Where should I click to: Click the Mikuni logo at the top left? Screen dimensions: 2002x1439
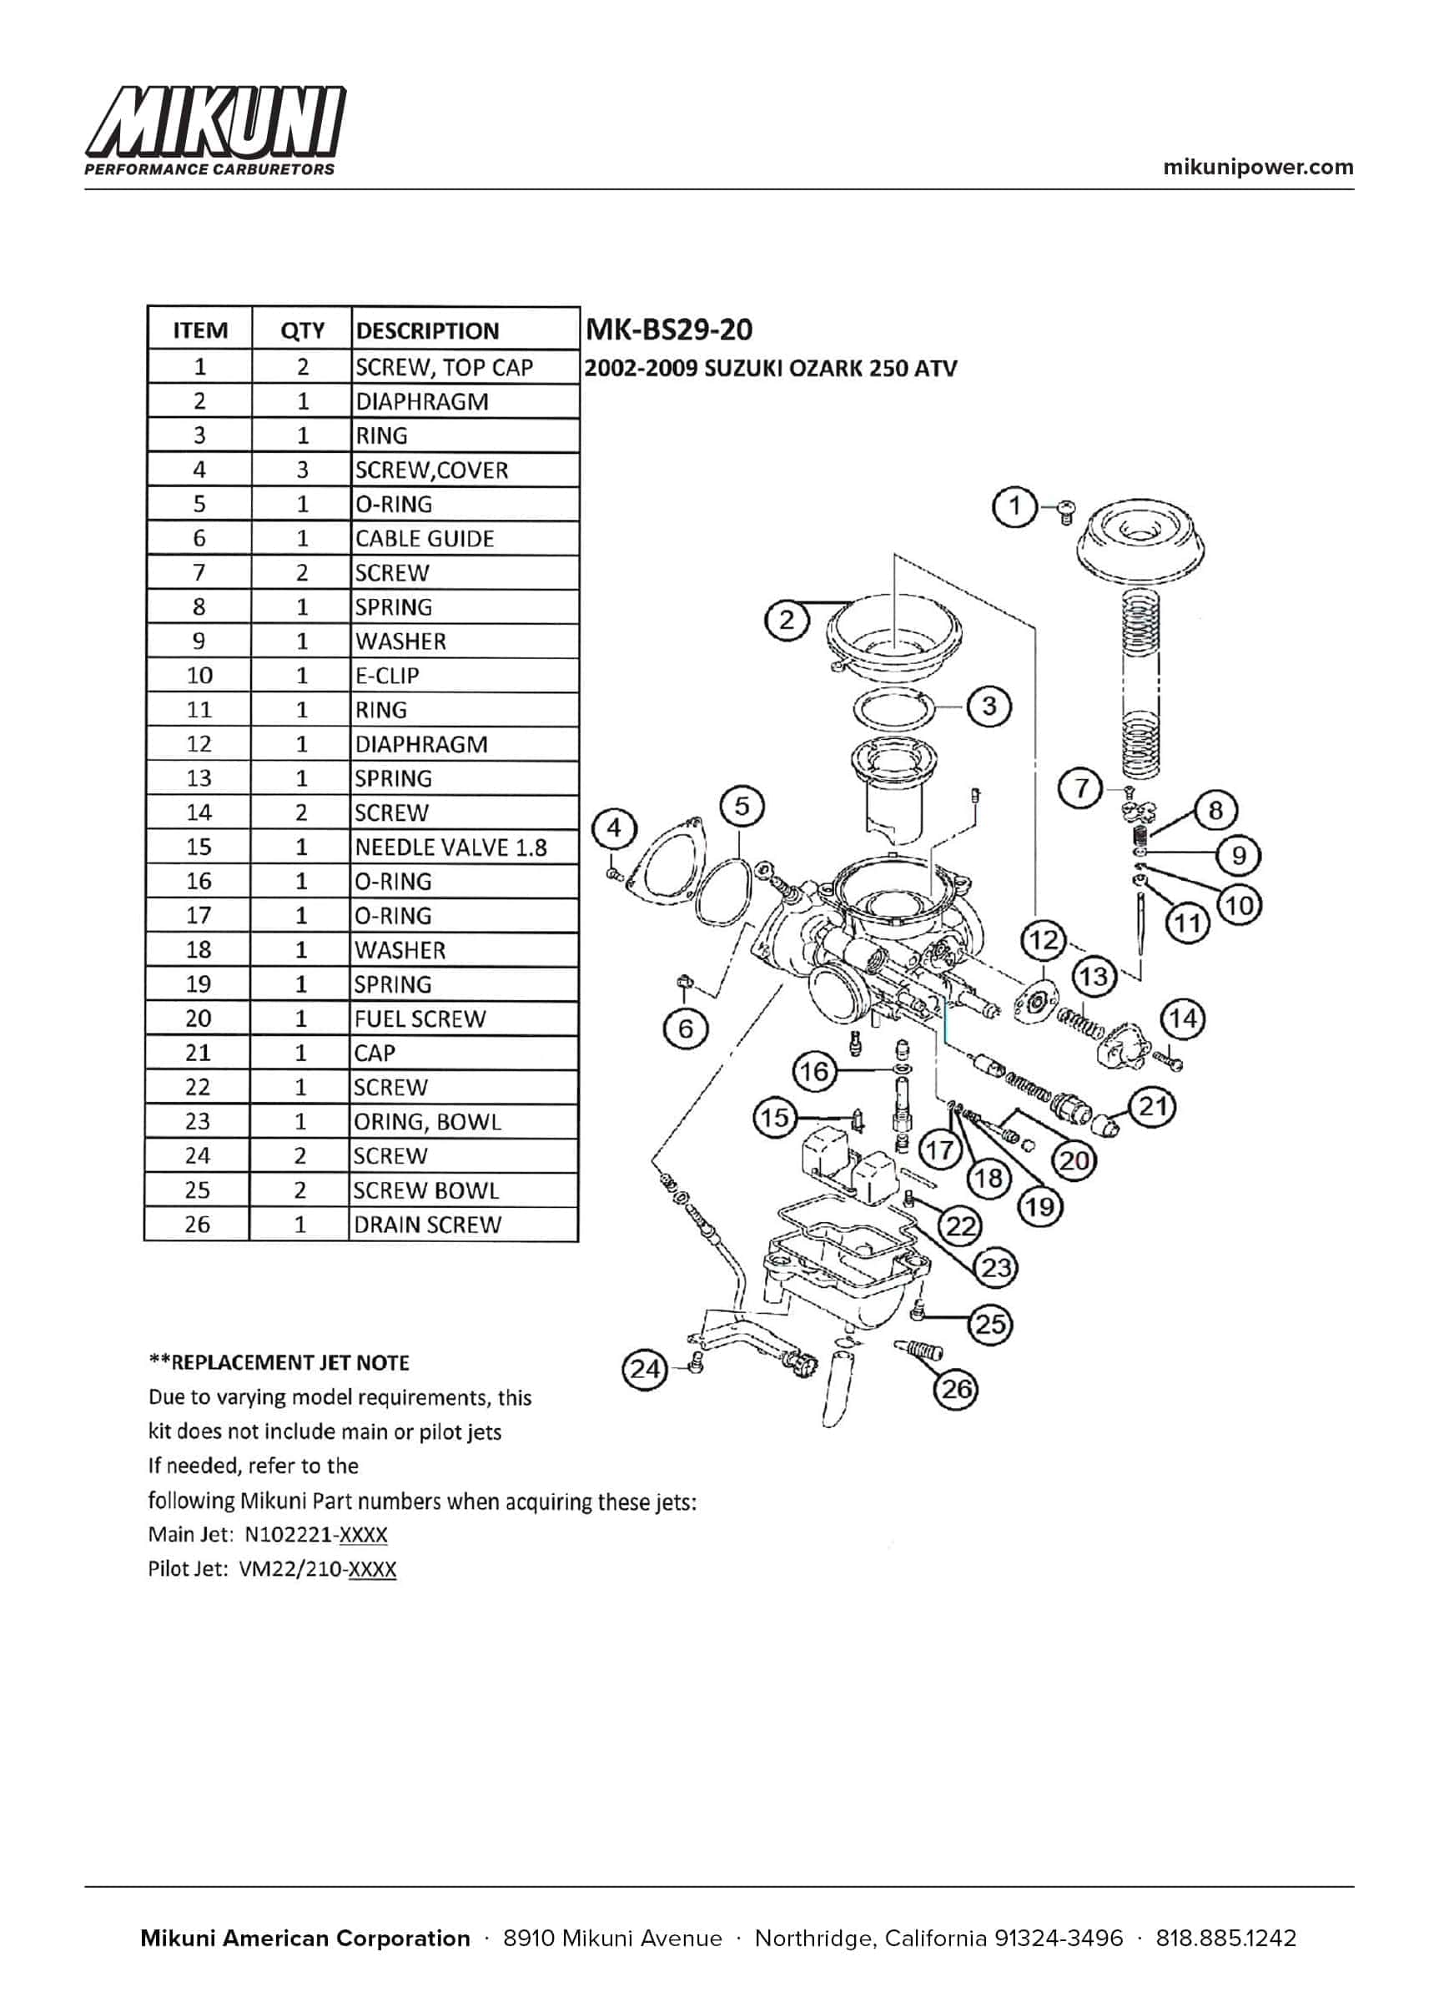pyautogui.click(x=214, y=130)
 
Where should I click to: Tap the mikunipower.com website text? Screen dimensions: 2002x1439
pyautogui.click(x=1258, y=167)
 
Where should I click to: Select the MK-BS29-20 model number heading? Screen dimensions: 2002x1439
pyautogui.click(x=668, y=329)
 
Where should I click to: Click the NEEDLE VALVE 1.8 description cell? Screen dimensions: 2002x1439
pyautogui.click(x=450, y=848)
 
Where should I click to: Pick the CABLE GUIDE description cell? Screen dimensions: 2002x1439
pyautogui.click(x=424, y=539)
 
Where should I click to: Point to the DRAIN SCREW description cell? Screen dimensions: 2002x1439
pyautogui.click(x=427, y=1225)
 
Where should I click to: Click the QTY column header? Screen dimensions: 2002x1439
pyautogui.click(x=302, y=330)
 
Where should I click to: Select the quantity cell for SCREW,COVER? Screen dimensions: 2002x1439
pyautogui.click(x=302, y=470)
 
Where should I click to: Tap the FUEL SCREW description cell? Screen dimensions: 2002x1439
pyautogui.click(x=420, y=1019)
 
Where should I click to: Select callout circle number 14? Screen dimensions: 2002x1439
pyautogui.click(x=1183, y=1019)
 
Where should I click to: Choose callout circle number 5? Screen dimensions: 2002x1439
pyautogui.click(x=742, y=806)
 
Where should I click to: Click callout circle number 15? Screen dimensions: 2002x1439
pyautogui.click(x=774, y=1118)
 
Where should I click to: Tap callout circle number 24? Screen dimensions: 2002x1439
pyautogui.click(x=646, y=1370)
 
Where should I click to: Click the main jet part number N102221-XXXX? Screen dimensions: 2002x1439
pyautogui.click(x=315, y=1534)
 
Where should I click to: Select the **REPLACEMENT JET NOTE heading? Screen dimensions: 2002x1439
pyautogui.click(x=278, y=1363)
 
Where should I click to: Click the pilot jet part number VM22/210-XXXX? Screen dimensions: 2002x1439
pyautogui.click(x=318, y=1568)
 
